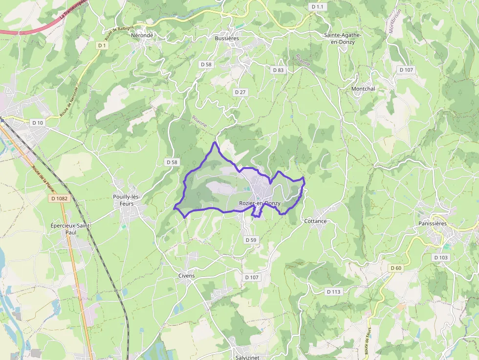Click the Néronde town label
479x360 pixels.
point(142,35)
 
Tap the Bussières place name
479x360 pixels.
point(227,38)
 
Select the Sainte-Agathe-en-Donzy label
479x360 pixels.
point(340,39)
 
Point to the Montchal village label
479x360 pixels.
point(363,89)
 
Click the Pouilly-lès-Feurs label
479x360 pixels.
point(127,200)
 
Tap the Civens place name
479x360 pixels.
point(186,276)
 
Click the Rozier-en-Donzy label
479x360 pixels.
point(260,203)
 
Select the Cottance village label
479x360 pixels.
point(315,221)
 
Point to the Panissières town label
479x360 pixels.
point(433,224)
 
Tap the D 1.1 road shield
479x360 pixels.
point(317,6)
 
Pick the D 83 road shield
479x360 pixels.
point(278,70)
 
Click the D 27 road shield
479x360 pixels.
point(240,92)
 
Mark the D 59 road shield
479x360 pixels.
point(251,240)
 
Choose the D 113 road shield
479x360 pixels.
point(333,292)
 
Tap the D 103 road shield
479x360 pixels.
point(440,257)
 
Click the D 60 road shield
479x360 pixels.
point(396,268)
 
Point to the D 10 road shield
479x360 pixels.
point(37,123)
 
